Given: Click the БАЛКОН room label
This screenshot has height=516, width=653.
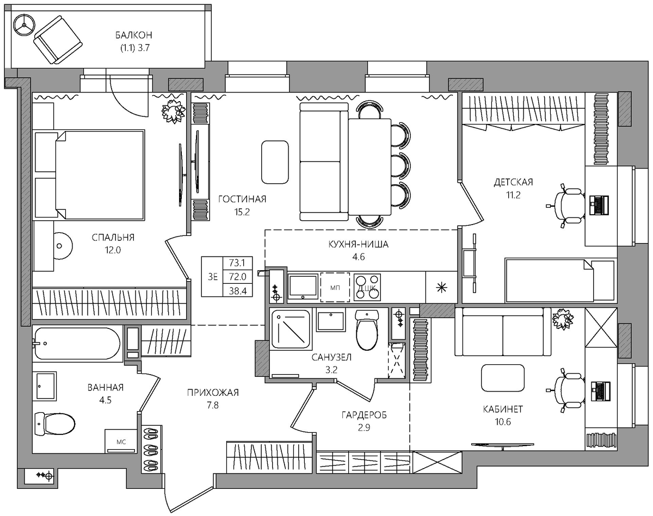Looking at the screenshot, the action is pyautogui.click(x=133, y=35).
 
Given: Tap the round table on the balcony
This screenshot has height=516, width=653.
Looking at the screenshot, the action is pyautogui.click(x=24, y=26).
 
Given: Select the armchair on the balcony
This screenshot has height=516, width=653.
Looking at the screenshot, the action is pyautogui.click(x=58, y=40).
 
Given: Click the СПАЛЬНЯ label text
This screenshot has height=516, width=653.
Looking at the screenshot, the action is pyautogui.click(x=113, y=238).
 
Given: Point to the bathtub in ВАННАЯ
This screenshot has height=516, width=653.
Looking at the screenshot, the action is pyautogui.click(x=77, y=344).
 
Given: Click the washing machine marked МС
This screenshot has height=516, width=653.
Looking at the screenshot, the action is pyautogui.click(x=121, y=442).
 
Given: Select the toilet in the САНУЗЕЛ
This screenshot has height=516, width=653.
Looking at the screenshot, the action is pyautogui.click(x=367, y=330).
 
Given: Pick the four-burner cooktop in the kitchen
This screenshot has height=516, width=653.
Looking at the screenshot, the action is pyautogui.click(x=367, y=287).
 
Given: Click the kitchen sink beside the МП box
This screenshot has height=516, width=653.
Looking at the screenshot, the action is pyautogui.click(x=303, y=286).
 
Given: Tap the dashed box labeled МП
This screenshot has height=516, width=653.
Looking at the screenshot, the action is pyautogui.click(x=335, y=287).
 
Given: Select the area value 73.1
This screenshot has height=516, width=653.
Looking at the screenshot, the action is pyautogui.click(x=237, y=263).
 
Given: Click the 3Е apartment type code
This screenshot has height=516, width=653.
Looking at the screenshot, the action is pyautogui.click(x=213, y=277).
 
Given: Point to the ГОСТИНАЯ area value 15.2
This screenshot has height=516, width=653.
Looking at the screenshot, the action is pyautogui.click(x=242, y=212).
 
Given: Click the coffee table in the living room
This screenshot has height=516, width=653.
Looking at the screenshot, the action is pyautogui.click(x=275, y=162).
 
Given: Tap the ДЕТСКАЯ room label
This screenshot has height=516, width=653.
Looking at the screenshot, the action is pyautogui.click(x=513, y=182).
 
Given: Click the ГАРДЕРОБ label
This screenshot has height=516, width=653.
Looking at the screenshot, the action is pyautogui.click(x=364, y=415).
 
